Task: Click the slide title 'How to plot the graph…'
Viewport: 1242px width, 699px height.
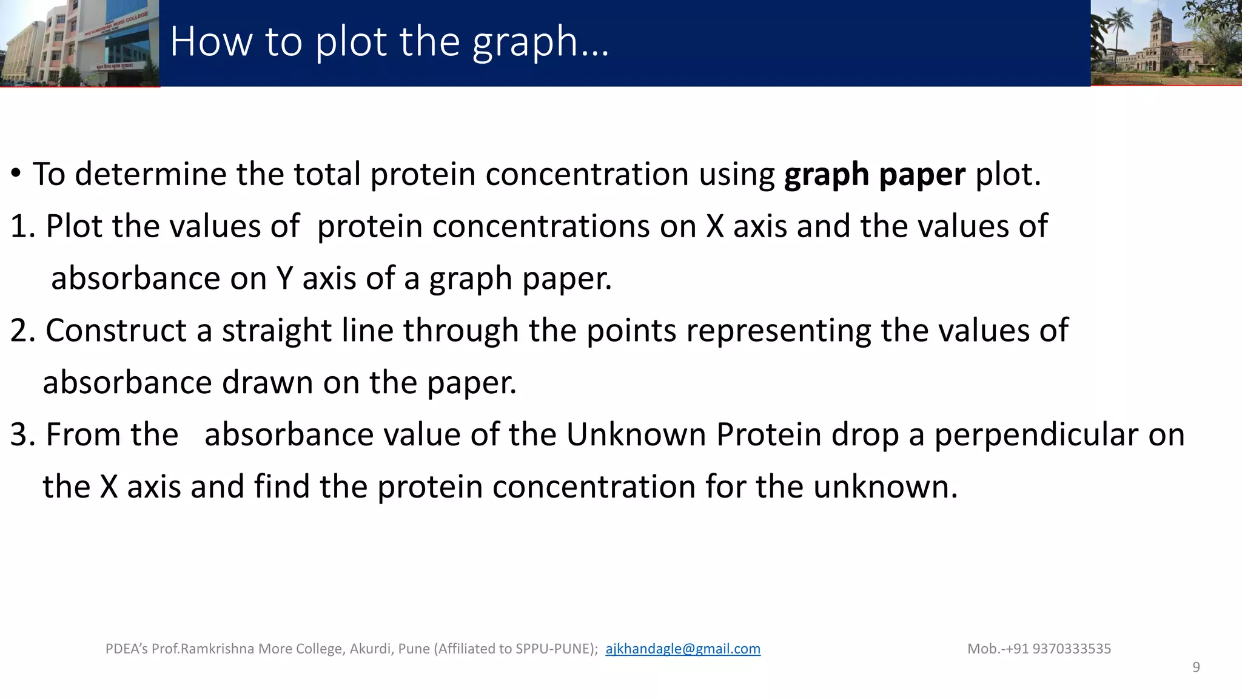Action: pyautogui.click(x=389, y=42)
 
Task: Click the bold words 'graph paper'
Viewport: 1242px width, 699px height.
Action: pyautogui.click(x=874, y=175)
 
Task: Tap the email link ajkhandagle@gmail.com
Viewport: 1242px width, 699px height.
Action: pyautogui.click(x=682, y=649)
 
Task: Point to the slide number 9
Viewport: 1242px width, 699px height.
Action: pyautogui.click(x=1196, y=667)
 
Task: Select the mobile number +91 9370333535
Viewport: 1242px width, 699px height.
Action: pyautogui.click(x=1072, y=649)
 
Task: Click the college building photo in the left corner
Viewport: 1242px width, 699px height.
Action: pyautogui.click(x=79, y=42)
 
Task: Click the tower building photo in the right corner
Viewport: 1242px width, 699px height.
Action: pyautogui.click(x=1166, y=42)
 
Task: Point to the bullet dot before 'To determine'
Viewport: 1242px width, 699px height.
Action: pyautogui.click(x=16, y=175)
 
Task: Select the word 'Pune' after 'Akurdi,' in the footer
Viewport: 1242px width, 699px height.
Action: pyautogui.click(x=414, y=649)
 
